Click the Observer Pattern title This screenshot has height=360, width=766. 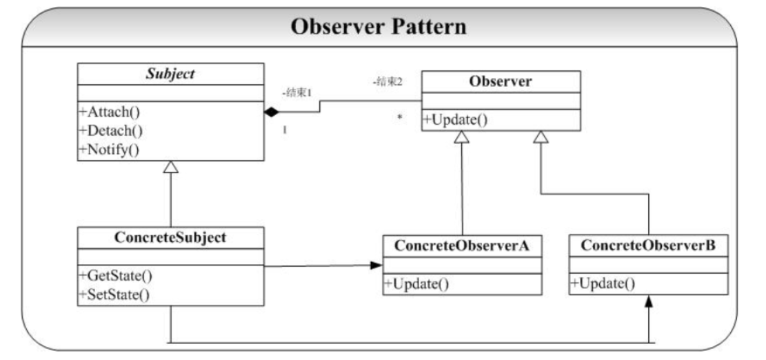point(379,26)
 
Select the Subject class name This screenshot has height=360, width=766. point(171,74)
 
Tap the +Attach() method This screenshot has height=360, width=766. point(110,112)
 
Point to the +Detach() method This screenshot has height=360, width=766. point(111,130)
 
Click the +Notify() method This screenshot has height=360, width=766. point(109,150)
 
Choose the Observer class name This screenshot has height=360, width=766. point(501,81)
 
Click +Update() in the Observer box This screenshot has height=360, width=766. point(455,120)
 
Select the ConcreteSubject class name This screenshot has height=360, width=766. point(170,237)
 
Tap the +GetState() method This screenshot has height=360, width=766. point(116,275)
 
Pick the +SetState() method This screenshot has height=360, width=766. point(114,294)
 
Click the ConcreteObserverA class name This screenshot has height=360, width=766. point(462,246)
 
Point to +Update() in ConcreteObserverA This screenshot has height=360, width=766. point(416,284)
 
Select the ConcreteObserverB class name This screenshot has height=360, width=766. point(648,246)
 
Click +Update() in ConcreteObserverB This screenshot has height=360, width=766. point(603,283)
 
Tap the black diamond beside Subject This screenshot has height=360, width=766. point(271,112)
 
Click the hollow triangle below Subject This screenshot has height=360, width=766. point(171,167)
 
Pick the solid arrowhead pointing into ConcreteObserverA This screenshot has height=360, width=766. point(376,266)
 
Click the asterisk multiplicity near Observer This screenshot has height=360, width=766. point(400,118)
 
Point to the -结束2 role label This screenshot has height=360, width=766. point(387,81)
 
